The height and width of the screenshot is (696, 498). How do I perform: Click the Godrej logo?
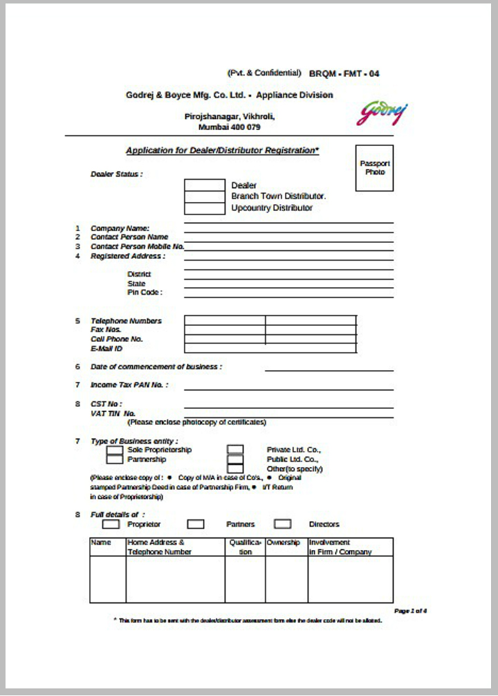[382, 113]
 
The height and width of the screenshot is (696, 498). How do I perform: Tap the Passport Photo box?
[374, 168]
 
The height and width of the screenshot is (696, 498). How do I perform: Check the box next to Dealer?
[204, 185]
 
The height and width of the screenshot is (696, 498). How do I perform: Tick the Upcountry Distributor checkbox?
[204, 208]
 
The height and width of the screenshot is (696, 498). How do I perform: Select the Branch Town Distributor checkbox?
[204, 196]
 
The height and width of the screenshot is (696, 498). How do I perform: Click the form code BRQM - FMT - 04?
[344, 73]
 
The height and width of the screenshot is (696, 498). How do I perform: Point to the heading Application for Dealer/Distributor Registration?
[222, 151]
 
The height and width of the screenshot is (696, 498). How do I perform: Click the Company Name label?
[120, 228]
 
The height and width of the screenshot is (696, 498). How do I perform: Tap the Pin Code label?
[145, 293]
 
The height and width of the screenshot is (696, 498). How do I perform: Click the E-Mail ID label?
[107, 349]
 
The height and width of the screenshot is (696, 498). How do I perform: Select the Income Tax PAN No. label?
[129, 385]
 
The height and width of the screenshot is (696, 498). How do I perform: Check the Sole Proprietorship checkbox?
[115, 450]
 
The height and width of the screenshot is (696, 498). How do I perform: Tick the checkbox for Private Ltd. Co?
[235, 450]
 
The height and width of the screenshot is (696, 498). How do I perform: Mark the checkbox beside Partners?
[196, 524]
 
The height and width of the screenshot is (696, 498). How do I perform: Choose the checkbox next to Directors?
[282, 524]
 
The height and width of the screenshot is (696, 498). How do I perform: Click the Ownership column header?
[283, 543]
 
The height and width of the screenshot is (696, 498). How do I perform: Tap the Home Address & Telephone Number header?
[159, 547]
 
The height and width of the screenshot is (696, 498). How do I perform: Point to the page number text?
[410, 611]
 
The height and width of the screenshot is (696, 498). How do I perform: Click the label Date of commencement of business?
[156, 367]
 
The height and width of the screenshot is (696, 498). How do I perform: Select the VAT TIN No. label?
[113, 414]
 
